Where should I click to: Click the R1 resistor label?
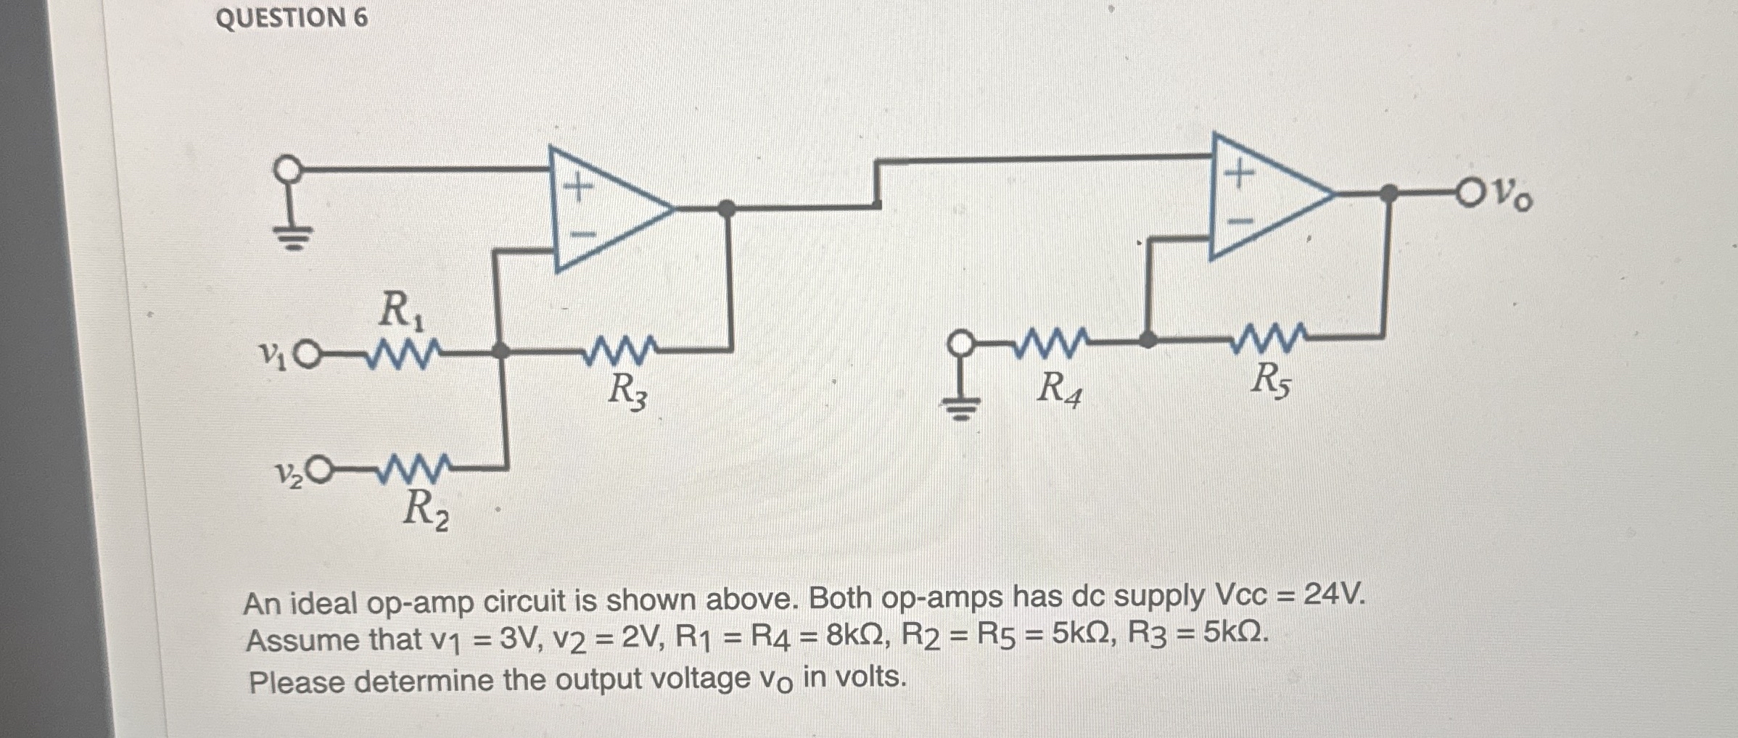click(401, 310)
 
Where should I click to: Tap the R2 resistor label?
click(425, 510)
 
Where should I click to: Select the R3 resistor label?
click(627, 392)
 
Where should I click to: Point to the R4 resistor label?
click(1058, 389)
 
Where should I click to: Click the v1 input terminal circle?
click(309, 355)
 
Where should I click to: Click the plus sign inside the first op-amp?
click(578, 188)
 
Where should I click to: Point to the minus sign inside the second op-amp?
click(1240, 221)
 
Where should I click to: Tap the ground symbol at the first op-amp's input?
click(292, 236)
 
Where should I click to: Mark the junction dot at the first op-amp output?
click(726, 209)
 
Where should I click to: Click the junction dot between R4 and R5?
click(1147, 339)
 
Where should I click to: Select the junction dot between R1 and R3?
click(501, 351)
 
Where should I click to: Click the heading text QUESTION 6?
click(292, 17)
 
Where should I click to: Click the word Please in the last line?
click(296, 682)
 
